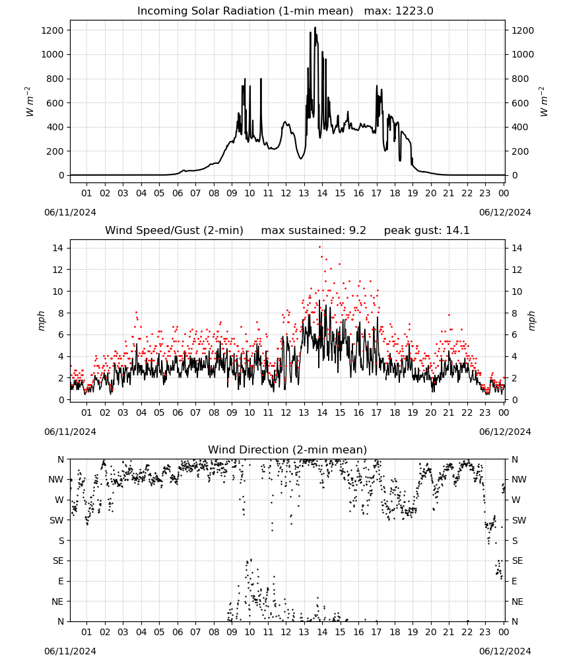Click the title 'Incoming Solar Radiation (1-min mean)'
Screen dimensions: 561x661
coord(245,11)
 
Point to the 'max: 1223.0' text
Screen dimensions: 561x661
coord(399,11)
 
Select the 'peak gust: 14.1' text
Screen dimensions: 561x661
coord(427,231)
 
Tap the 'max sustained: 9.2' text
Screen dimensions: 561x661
coord(313,231)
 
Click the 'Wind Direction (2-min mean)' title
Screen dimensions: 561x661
coord(288,449)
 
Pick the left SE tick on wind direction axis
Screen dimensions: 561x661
coord(58,561)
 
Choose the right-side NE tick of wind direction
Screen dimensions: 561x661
coord(517,602)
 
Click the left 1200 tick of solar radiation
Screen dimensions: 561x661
coord(53,30)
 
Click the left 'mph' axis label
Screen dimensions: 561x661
coord(41,321)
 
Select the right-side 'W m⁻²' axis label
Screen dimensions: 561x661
coord(543,102)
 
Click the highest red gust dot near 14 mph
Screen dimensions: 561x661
coord(319,247)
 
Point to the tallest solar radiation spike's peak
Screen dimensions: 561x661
coord(315,27)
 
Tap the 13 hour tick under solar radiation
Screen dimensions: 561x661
coord(304,193)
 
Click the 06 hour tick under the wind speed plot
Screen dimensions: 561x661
coord(178,412)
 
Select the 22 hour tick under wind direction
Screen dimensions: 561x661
coord(467,632)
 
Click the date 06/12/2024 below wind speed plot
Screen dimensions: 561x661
coord(505,432)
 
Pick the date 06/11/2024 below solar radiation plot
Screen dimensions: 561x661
coord(70,212)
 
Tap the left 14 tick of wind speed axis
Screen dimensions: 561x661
coord(58,248)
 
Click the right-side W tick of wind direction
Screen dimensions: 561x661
coord(516,500)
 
